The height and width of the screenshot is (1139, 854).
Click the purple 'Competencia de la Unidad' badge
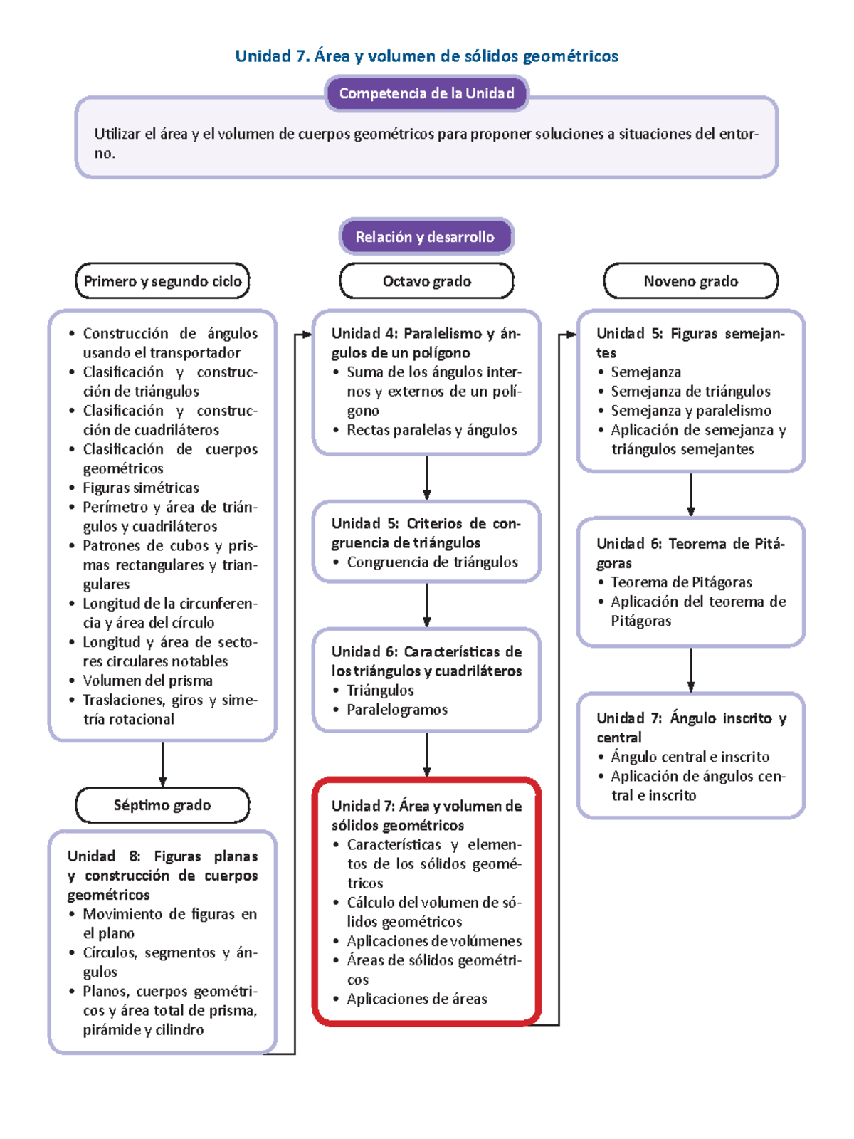coord(426,93)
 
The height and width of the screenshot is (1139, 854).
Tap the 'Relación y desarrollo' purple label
coord(425,237)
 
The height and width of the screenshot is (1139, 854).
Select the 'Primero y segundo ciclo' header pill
coord(162,281)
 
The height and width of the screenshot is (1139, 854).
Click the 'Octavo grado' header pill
coord(426,281)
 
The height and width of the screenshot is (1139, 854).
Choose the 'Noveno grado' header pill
coord(690,281)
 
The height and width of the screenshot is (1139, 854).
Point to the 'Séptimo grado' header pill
coord(162,805)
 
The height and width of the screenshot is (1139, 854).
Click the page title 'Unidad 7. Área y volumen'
coord(426,56)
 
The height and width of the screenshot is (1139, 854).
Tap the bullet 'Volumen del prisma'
coord(147,681)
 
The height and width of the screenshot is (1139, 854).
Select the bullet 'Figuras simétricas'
coord(140,488)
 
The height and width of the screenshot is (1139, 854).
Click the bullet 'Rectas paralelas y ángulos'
coord(431,430)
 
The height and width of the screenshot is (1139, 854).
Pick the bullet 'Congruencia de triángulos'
coord(432,562)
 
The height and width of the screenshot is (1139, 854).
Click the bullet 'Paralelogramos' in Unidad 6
coord(396,710)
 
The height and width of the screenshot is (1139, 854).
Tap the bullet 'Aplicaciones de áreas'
coord(416,999)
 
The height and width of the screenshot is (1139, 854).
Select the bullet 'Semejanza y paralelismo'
coord(690,411)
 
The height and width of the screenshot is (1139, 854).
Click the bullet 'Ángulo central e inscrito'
coord(690,757)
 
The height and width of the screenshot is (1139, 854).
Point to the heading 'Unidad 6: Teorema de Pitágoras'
coord(690,552)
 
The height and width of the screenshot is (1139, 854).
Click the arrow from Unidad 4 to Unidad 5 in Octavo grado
coord(427,478)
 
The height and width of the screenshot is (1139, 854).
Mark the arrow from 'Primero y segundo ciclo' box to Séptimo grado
coord(163,764)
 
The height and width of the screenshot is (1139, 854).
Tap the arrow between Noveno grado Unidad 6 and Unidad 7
coord(691,669)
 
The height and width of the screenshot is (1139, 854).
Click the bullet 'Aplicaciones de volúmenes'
coord(433,941)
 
